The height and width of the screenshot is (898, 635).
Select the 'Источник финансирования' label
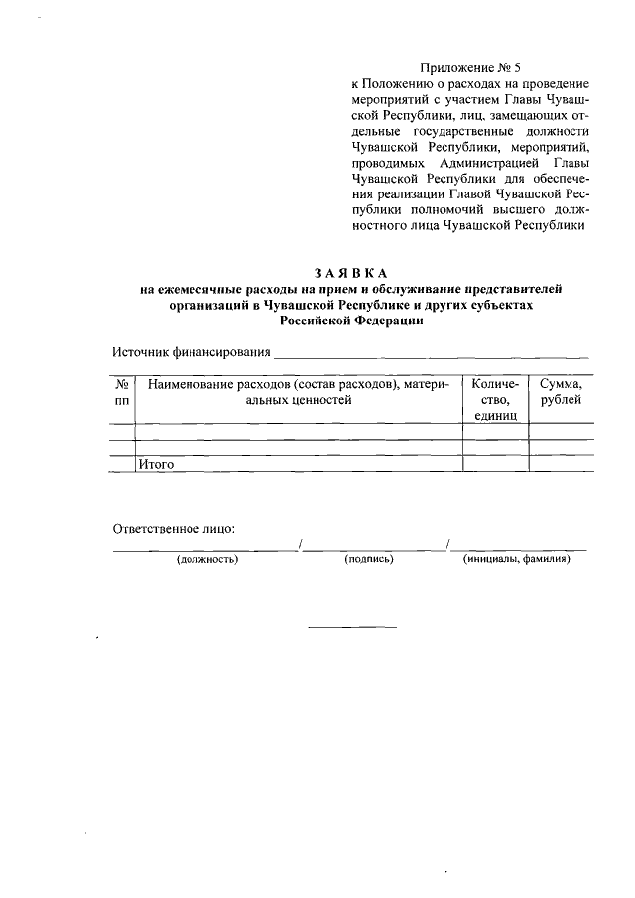(190, 352)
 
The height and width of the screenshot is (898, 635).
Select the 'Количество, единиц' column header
(495, 399)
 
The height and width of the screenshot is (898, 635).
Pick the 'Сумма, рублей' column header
(561, 391)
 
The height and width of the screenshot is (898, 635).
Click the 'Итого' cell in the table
(157, 463)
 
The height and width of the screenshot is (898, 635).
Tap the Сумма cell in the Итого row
(561, 463)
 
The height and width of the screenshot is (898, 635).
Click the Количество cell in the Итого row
(495, 463)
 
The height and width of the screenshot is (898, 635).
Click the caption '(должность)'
(207, 559)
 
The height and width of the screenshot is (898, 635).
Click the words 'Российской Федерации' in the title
(351, 321)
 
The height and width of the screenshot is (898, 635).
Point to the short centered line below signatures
(351, 626)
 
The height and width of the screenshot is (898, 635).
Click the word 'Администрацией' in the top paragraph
(476, 162)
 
